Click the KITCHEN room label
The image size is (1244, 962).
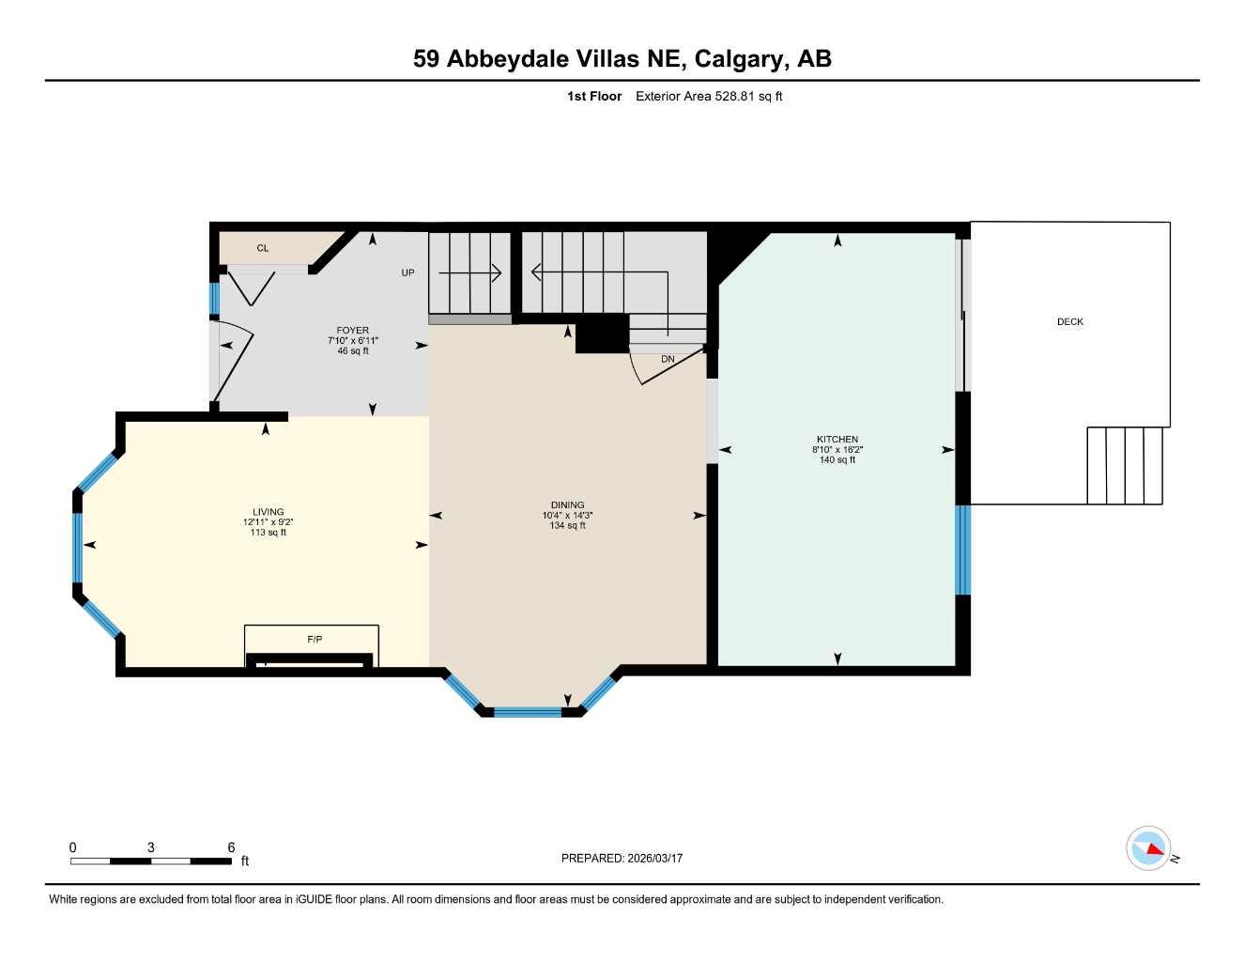click(x=837, y=439)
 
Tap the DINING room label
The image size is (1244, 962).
click(x=567, y=504)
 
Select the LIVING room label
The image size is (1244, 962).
click(x=268, y=512)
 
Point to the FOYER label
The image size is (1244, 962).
click(x=353, y=330)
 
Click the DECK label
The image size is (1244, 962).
click(x=1069, y=321)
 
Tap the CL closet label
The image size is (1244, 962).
click(x=263, y=248)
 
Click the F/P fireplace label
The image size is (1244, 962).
click(x=315, y=639)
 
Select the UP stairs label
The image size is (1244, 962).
click(x=407, y=272)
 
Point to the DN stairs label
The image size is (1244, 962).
click(x=668, y=359)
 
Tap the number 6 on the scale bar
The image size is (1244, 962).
click(x=231, y=847)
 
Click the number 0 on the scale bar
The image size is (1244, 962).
click(x=73, y=847)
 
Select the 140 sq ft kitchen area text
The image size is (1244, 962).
click(x=837, y=460)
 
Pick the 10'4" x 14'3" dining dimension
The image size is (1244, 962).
click(x=567, y=515)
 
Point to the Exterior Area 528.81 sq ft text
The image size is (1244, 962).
click(x=709, y=96)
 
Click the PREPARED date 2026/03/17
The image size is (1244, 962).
click(x=654, y=858)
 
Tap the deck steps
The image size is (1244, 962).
click(x=1125, y=466)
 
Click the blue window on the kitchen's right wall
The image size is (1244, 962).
click(x=962, y=550)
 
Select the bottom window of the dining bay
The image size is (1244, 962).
click(x=527, y=712)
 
